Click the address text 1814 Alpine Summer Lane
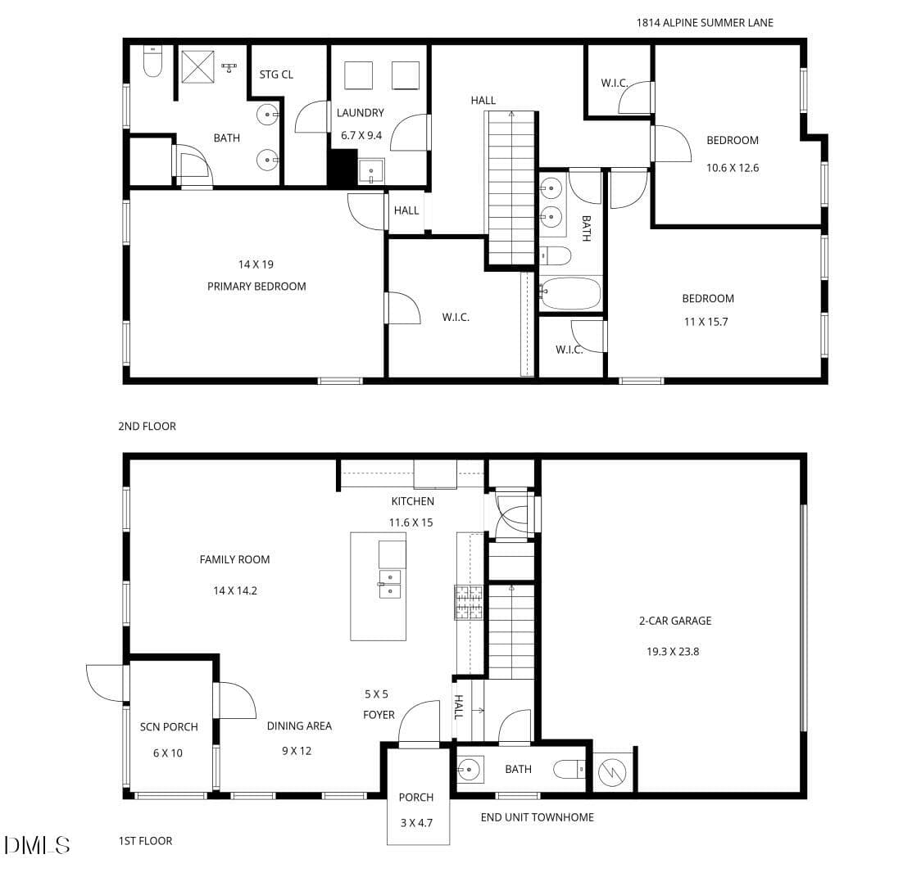click(x=705, y=23)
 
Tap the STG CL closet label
click(x=276, y=75)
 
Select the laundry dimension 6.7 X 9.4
click(x=361, y=136)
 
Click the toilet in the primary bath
click(x=152, y=61)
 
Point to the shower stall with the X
click(x=197, y=67)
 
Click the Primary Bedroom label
click(x=256, y=287)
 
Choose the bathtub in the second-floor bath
click(x=570, y=293)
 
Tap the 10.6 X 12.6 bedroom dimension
click(x=733, y=168)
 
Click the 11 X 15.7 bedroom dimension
click(x=706, y=322)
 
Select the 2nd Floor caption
click(x=147, y=427)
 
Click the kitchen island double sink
click(x=390, y=584)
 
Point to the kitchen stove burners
click(x=469, y=603)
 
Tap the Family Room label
click(x=234, y=559)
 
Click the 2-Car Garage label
click(x=675, y=621)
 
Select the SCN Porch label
click(x=169, y=727)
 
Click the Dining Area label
click(x=299, y=726)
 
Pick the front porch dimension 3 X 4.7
click(x=416, y=823)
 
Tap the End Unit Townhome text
click(x=538, y=817)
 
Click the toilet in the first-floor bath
click(x=569, y=769)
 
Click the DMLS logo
click(x=38, y=845)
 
